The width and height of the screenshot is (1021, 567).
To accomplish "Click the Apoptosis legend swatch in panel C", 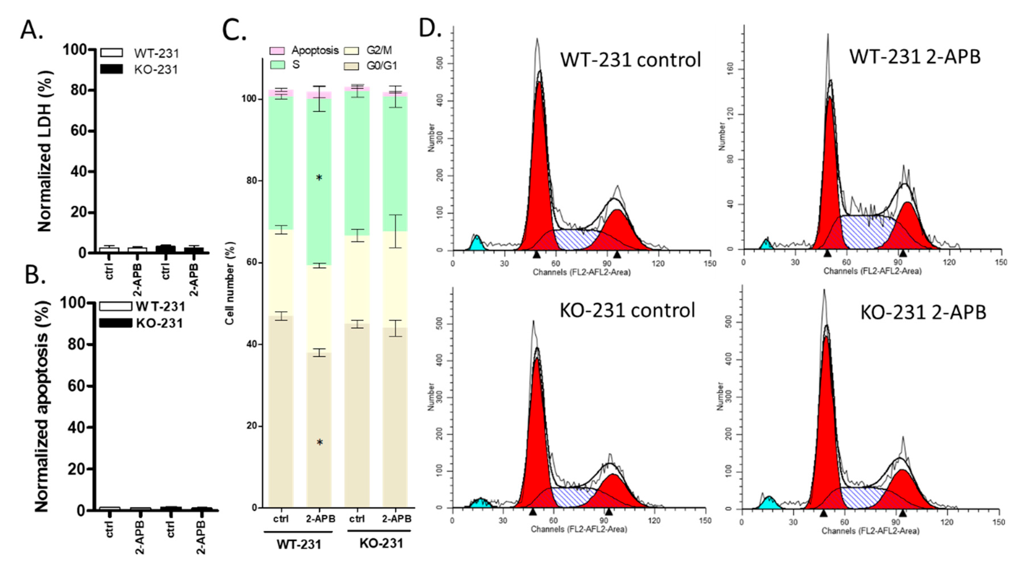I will (277, 51).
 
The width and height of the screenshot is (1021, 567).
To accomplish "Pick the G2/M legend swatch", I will (351, 51).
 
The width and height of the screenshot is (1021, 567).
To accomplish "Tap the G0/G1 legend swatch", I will (351, 65).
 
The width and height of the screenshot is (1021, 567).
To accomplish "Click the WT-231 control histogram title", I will (630, 60).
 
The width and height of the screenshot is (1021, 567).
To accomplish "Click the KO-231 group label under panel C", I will (381, 543).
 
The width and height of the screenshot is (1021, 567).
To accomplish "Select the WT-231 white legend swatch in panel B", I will (115, 306).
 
